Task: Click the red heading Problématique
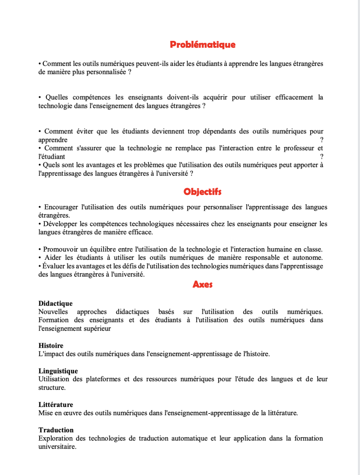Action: pos(203,45)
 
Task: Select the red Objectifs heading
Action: pos(202,192)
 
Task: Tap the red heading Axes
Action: pos(202,284)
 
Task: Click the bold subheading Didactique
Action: pos(55,303)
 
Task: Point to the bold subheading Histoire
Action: pos(51,346)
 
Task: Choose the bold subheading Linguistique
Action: pos(58,371)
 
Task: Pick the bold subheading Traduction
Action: pos(56,430)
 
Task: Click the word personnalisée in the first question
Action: pos(106,72)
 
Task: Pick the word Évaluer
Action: pos(54,266)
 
